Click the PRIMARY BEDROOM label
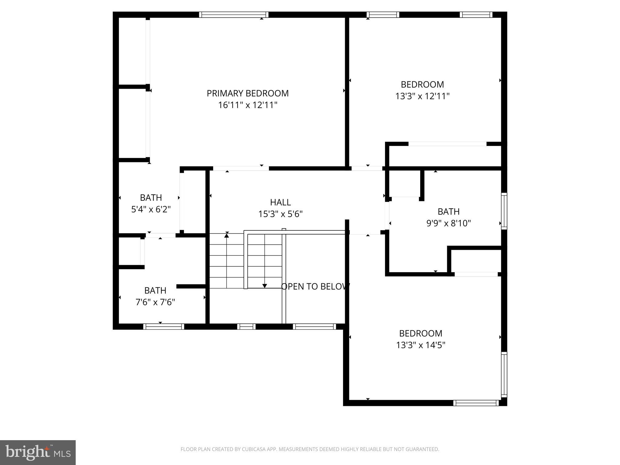(x=247, y=93)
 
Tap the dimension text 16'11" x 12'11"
(x=247, y=105)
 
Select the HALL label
(x=280, y=202)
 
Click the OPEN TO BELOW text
(x=315, y=286)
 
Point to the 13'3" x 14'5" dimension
(x=420, y=345)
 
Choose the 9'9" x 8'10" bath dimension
(x=448, y=223)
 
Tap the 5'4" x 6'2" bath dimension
(x=151, y=209)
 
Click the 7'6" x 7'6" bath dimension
(x=155, y=302)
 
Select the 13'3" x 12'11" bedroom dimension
(x=422, y=96)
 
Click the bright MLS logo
(x=38, y=453)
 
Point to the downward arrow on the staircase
(x=265, y=285)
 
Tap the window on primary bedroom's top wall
(x=233, y=15)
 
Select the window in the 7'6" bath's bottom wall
(x=163, y=327)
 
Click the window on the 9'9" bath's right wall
(x=504, y=211)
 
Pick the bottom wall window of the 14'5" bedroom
(x=476, y=403)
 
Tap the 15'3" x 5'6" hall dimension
(x=280, y=214)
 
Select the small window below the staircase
(x=246, y=327)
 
